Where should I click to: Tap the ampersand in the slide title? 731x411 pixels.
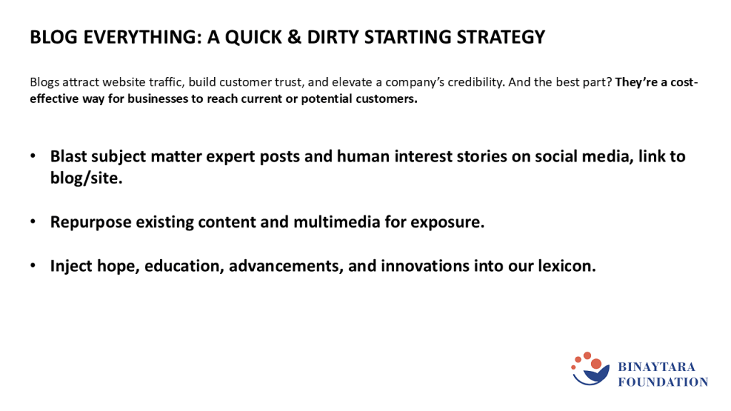pyautogui.click(x=294, y=37)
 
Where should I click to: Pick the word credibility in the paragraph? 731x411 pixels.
pyautogui.click(x=476, y=83)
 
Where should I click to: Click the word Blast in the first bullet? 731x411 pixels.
pyautogui.click(x=69, y=156)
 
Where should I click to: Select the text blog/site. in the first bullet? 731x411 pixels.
pyautogui.click(x=86, y=178)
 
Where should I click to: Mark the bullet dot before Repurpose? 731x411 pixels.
pyautogui.click(x=33, y=222)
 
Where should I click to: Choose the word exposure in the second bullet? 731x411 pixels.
pyautogui.click(x=448, y=223)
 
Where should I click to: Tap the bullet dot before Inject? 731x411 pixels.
pyautogui.click(x=33, y=265)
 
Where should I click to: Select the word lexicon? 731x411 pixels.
pyautogui.click(x=567, y=265)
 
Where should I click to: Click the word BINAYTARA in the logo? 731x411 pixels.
pyautogui.click(x=657, y=367)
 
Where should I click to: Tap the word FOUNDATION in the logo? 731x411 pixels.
pyautogui.click(x=663, y=382)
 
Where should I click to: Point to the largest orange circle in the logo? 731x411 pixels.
pyautogui.click(x=596, y=364)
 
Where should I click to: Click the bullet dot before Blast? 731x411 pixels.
pyautogui.click(x=33, y=156)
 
